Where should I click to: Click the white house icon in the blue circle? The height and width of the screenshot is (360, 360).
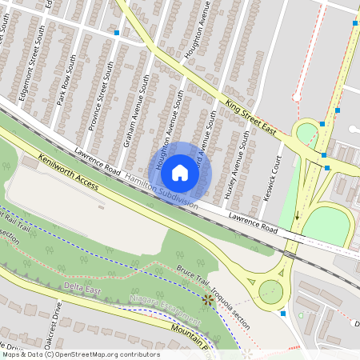click(x=180, y=172)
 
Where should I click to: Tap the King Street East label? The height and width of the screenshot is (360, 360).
click(x=250, y=115)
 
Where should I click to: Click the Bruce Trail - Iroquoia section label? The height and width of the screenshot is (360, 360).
click(x=214, y=287)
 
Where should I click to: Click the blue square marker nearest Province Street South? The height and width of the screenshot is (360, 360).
click(x=117, y=33)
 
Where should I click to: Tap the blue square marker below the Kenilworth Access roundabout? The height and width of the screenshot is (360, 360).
click(x=283, y=314)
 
